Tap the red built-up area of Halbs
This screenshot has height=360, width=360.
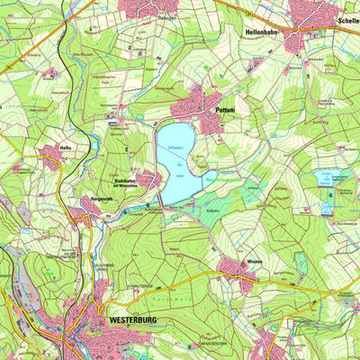[50, 155]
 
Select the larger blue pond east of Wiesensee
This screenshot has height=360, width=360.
[322, 177]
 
